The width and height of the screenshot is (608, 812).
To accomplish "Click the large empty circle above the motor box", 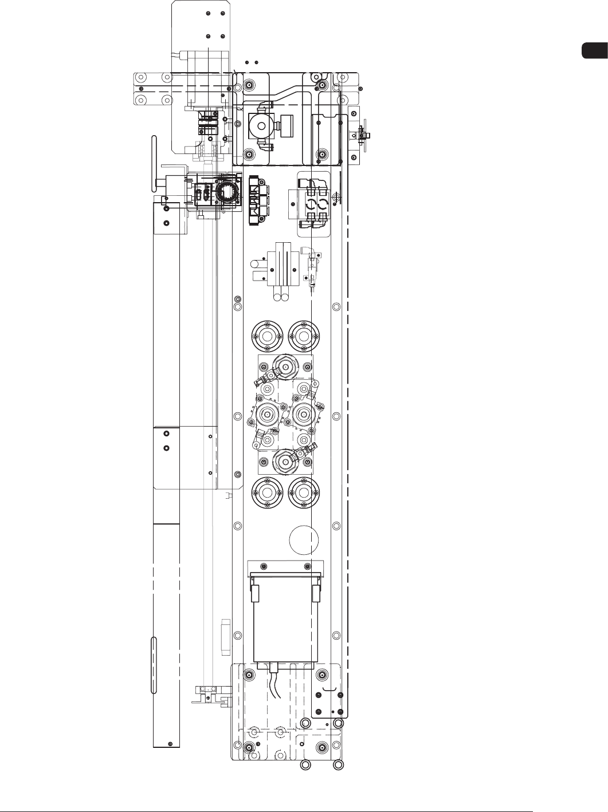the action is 304,539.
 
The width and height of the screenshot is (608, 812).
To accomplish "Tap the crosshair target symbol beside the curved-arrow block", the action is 337,196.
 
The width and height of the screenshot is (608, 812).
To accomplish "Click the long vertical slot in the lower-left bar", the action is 153,664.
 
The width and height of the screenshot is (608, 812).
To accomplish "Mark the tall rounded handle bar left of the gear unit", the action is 154,164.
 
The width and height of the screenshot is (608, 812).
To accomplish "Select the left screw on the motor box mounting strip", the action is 263,566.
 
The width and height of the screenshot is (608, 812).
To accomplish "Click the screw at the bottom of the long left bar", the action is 170,743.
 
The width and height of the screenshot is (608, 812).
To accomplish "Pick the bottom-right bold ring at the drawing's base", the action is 339,764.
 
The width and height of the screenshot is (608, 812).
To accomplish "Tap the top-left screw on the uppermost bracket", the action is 209,13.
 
